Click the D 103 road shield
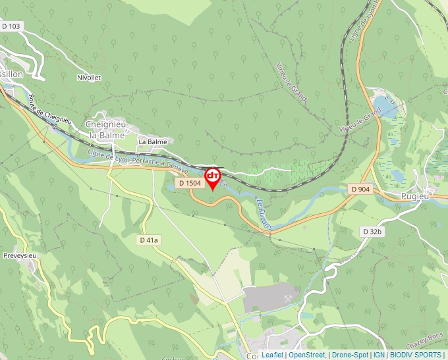tap(11, 26)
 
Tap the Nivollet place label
tap(89, 78)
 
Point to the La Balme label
tap(152, 141)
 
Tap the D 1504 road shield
tap(188, 183)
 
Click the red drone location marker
tap(213, 176)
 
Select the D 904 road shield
tap(361, 190)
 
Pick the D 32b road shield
tap(372, 232)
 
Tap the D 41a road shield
tap(150, 240)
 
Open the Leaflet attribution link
tap(273, 355)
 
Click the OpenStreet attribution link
tap(307, 355)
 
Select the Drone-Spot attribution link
tap(350, 355)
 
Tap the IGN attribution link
tap(379, 355)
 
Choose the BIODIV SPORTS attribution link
tap(416, 355)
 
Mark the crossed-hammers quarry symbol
tap(288, 297)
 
